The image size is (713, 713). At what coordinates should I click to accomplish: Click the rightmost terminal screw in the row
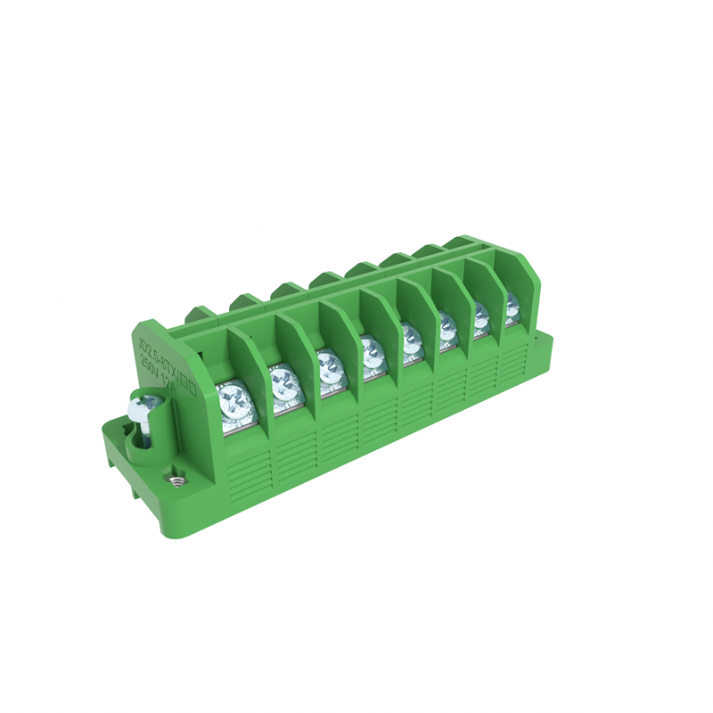[x=512, y=302]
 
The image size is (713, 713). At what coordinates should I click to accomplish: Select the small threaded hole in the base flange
[x=176, y=479]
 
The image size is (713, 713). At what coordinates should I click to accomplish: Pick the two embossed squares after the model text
[x=188, y=384]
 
